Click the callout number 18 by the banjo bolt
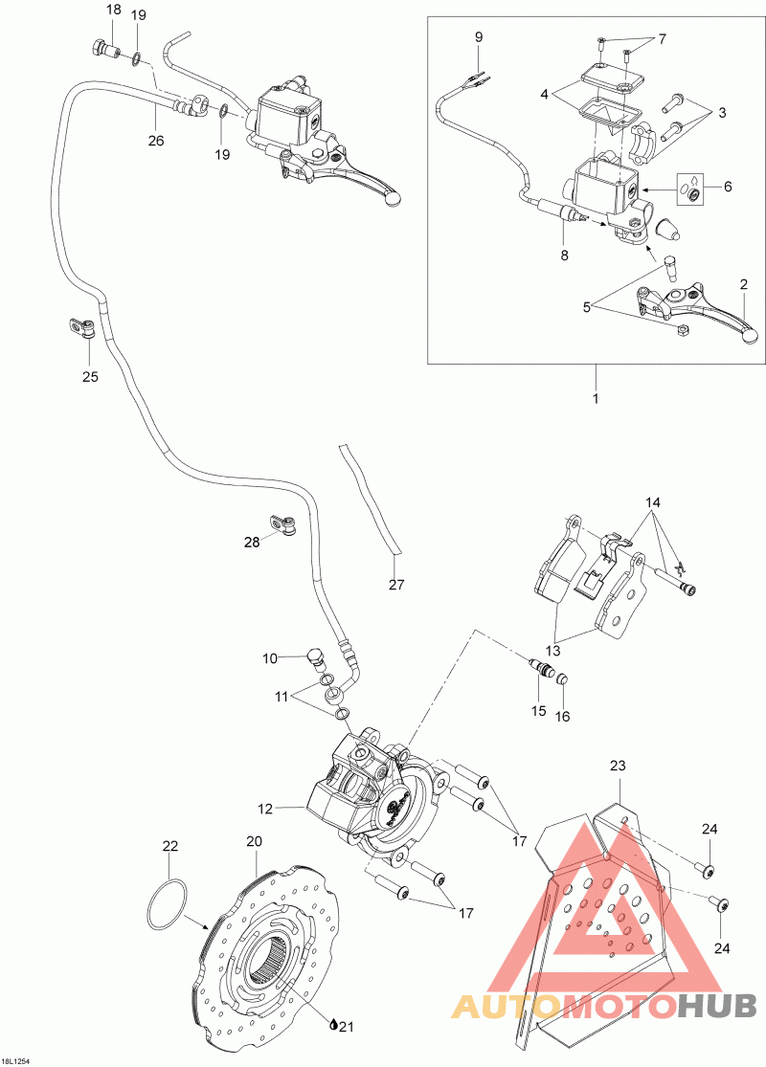pos(113,11)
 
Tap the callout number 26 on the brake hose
pos(156,141)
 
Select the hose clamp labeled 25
pos(83,328)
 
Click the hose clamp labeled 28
pos(284,524)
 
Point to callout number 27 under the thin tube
pos(396,584)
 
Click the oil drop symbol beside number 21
pos(332,1026)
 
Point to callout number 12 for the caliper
pos(265,809)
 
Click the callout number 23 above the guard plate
pos(618,765)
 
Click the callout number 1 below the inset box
pos(595,397)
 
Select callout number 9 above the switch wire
pos(478,37)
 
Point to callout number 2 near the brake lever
pos(743,284)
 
